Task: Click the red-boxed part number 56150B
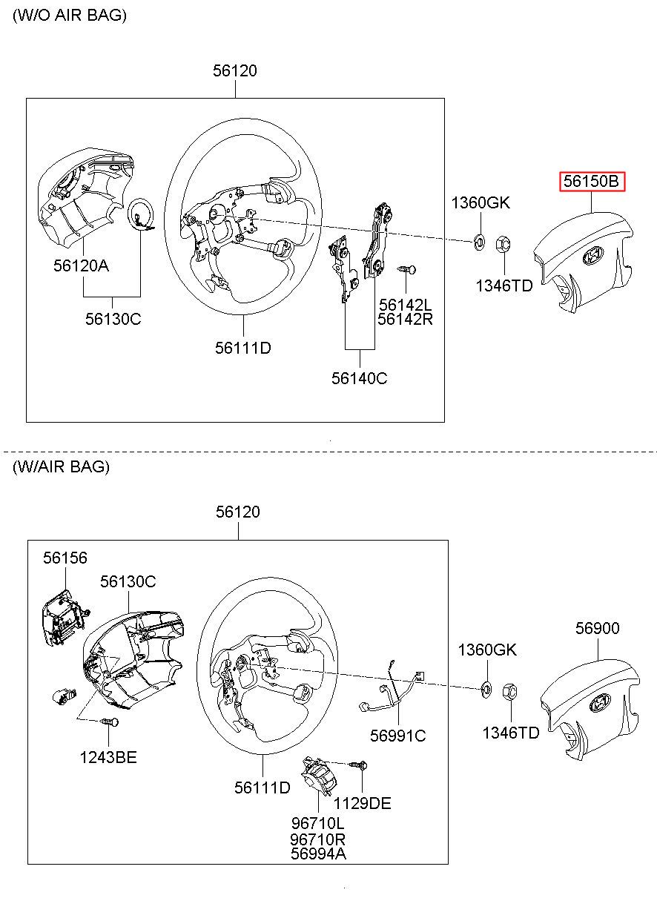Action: click(592, 181)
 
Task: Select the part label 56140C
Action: click(359, 377)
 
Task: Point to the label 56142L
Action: click(404, 304)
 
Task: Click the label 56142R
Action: click(404, 319)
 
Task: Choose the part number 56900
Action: click(597, 628)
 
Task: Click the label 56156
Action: click(65, 558)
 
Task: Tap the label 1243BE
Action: click(108, 757)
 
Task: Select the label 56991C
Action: click(398, 735)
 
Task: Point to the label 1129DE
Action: click(362, 803)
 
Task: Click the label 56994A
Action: click(318, 854)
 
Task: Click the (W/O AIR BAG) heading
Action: click(70, 15)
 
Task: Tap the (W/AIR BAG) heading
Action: click(61, 466)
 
